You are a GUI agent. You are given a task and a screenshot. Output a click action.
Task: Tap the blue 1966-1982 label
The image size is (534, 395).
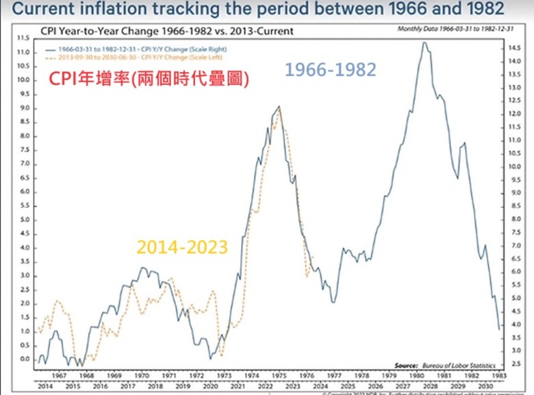[331, 70]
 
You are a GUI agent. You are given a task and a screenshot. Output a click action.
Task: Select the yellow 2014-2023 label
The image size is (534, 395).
[182, 247]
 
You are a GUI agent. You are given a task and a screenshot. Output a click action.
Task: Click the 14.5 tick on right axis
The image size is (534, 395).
[515, 48]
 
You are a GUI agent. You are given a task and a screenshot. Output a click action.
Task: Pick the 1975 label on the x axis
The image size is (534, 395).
[277, 376]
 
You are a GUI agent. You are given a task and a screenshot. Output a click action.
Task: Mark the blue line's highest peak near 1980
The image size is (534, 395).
[424, 43]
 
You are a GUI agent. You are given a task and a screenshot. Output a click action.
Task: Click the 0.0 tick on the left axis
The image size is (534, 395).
[25, 359]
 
